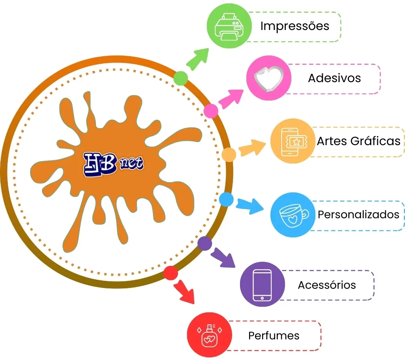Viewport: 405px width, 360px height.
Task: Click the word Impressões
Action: [x=295, y=26]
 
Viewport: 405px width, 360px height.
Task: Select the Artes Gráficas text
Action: [x=358, y=141]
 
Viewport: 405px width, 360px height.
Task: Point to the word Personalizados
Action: [x=358, y=214]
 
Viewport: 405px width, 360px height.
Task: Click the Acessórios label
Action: [x=327, y=285]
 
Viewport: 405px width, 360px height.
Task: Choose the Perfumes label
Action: [x=274, y=335]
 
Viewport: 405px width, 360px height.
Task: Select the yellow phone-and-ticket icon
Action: [x=292, y=142]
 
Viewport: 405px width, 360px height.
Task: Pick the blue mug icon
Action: [x=292, y=215]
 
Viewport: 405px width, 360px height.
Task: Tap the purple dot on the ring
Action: [x=204, y=243]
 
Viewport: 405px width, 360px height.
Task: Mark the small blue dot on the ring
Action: [x=226, y=199]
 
